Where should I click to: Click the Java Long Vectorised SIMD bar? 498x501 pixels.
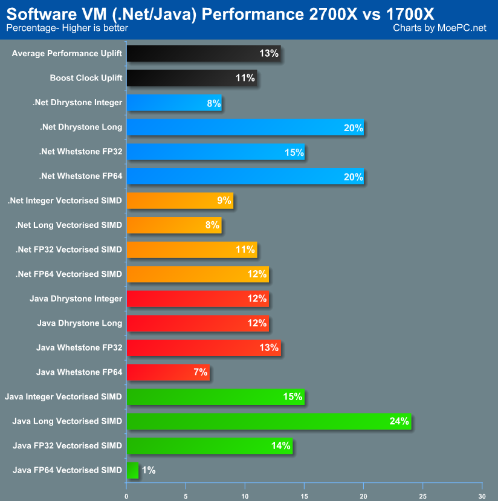pyautogui.click(x=268, y=421)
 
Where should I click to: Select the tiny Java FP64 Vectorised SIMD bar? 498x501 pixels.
pyautogui.click(x=132, y=470)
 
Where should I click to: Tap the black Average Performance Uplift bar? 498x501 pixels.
pyautogui.click(x=204, y=54)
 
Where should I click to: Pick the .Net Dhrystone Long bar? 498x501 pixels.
pyautogui.click(x=245, y=127)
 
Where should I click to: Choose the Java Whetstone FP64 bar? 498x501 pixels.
pyautogui.click(x=168, y=372)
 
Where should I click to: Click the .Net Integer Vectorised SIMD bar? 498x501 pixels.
pyautogui.click(x=179, y=201)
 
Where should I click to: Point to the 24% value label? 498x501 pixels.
pyautogui.click(x=399, y=421)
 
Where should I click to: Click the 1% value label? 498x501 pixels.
pyautogui.click(x=149, y=470)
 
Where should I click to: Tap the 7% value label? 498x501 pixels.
pyautogui.click(x=201, y=372)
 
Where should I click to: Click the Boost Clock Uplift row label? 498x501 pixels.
pyautogui.click(x=86, y=78)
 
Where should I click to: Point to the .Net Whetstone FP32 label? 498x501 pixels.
pyautogui.click(x=81, y=151)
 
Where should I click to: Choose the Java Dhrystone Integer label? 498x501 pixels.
pyautogui.click(x=76, y=299)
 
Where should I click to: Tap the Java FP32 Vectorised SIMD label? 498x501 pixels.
pyautogui.click(x=68, y=445)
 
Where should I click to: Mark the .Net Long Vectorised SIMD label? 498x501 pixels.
pyautogui.click(x=68, y=225)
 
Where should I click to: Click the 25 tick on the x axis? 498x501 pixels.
pyautogui.click(x=422, y=496)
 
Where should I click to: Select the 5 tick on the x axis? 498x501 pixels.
pyautogui.click(x=186, y=496)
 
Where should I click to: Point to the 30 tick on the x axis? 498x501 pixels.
pyautogui.click(x=482, y=496)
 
